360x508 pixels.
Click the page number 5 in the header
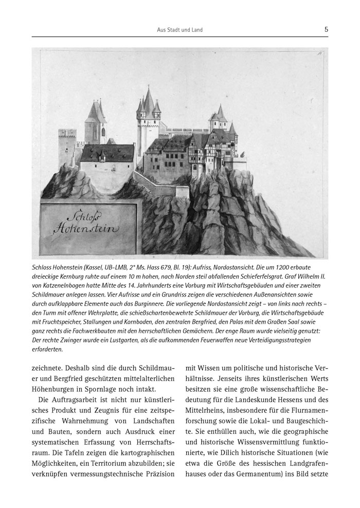[327, 30]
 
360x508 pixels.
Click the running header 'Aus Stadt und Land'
[179, 30]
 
